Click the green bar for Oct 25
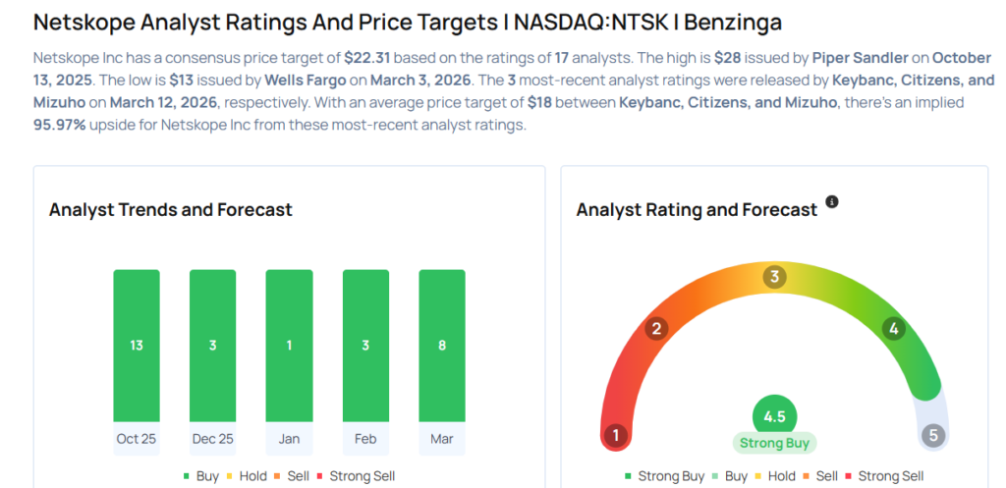pyautogui.click(x=137, y=346)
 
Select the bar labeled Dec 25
pyautogui.click(x=213, y=346)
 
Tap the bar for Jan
pyautogui.click(x=289, y=346)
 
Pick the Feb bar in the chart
pyautogui.click(x=365, y=346)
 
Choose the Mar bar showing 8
pyautogui.click(x=442, y=346)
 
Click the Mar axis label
pyautogui.click(x=442, y=439)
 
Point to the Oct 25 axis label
pyautogui.click(x=137, y=439)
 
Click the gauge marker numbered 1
pyautogui.click(x=616, y=435)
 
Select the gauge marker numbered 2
pyautogui.click(x=657, y=329)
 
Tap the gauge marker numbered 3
pyautogui.click(x=774, y=277)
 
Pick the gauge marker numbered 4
pyautogui.click(x=893, y=329)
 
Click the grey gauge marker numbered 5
pyautogui.click(x=933, y=435)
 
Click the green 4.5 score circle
pyautogui.click(x=774, y=416)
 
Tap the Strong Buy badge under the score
pyautogui.click(x=774, y=443)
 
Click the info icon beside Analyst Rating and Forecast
pyautogui.click(x=832, y=201)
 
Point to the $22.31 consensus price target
pyautogui.click(x=369, y=58)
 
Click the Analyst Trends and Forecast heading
pyautogui.click(x=171, y=209)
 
